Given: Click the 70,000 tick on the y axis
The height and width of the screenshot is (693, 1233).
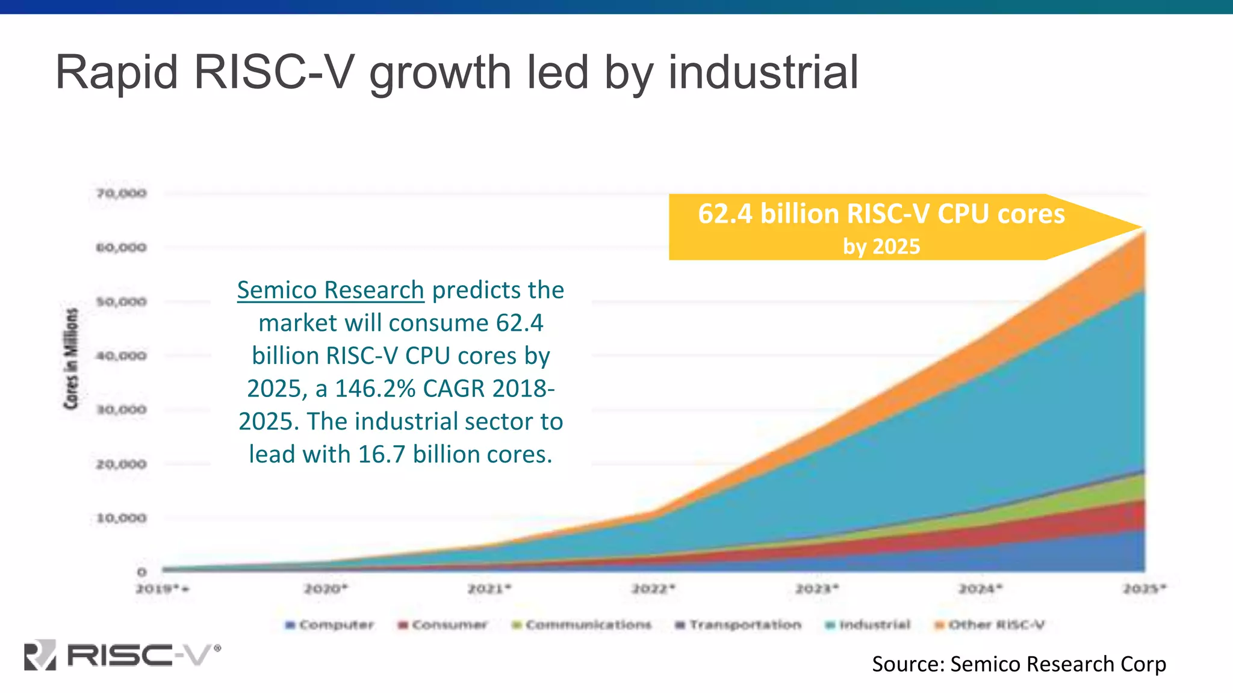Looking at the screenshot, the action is [122, 193].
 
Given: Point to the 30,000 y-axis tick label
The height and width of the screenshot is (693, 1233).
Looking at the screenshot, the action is [122, 410].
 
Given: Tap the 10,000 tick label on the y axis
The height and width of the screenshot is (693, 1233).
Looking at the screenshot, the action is [122, 518].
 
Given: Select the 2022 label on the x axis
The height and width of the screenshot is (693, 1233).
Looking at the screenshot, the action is [653, 588].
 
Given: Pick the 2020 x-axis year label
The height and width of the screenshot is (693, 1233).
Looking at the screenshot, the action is [326, 588].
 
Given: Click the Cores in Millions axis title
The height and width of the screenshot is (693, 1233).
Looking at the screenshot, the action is [72, 359].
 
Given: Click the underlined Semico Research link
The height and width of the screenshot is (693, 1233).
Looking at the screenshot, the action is [331, 291].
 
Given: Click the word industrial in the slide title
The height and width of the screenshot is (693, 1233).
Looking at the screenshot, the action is [763, 72].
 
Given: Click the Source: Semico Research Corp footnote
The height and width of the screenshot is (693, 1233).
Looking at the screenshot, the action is [1019, 664].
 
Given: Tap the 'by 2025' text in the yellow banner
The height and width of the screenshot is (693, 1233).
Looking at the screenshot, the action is [881, 247].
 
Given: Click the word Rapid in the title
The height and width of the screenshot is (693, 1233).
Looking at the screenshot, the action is [117, 72].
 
